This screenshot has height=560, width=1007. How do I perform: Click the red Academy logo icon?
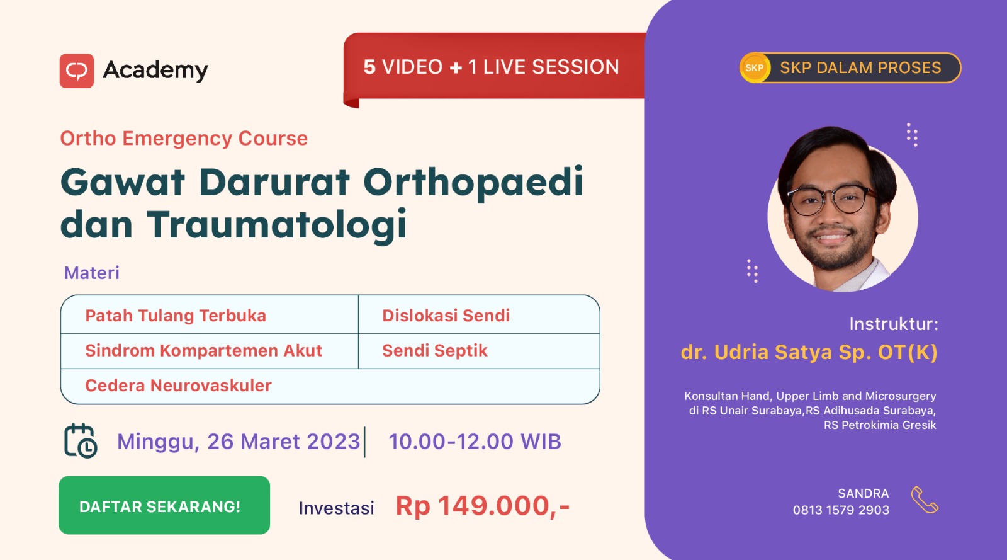coord(76,71)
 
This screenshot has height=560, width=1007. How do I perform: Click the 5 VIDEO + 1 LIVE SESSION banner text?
coord(491,67)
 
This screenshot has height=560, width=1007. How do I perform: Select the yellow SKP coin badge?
coord(755,67)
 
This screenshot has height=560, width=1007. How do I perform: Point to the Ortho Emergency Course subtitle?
coord(184,138)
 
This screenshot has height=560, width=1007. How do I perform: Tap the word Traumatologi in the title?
coord(276,225)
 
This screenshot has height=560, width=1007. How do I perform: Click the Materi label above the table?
coord(92,273)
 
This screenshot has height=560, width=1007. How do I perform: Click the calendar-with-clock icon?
coord(81,441)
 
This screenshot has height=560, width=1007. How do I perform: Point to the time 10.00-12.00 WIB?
coord(475,441)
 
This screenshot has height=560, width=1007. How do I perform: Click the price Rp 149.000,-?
coord(483,506)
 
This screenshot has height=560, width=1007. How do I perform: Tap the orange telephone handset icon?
coord(925,500)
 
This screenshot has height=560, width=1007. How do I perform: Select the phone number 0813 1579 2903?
coord(841,510)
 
